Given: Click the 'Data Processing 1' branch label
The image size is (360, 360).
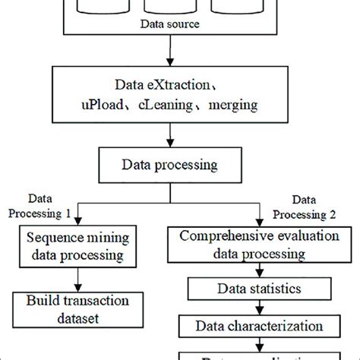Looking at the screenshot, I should tap(48, 207).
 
